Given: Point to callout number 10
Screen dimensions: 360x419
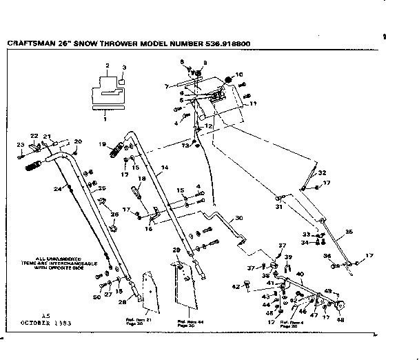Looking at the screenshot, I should [x=239, y=74].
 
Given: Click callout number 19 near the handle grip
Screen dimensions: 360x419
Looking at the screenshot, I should [x=101, y=144].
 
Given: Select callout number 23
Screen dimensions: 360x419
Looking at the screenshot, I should [x=20, y=144].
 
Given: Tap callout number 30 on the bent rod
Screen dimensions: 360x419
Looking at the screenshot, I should [x=239, y=218].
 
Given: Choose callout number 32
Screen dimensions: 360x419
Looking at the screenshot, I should [x=321, y=173].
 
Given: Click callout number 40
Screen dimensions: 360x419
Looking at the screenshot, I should [x=299, y=274].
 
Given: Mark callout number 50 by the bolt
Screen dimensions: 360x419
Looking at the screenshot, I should [x=96, y=297].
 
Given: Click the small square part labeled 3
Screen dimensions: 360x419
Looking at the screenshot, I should [x=122, y=81].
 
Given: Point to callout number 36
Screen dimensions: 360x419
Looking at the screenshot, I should [x=327, y=256].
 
